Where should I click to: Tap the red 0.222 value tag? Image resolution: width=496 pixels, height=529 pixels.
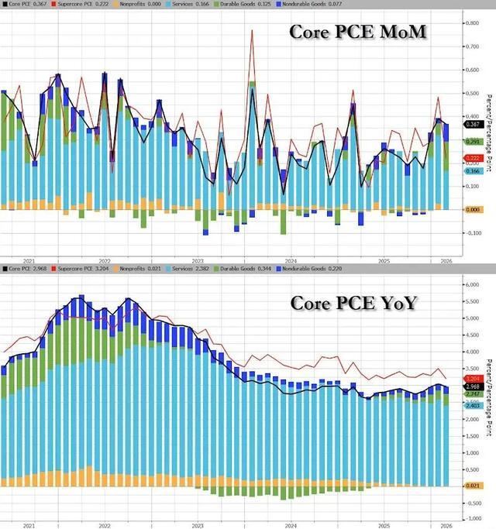pyautogui.click(x=473, y=158)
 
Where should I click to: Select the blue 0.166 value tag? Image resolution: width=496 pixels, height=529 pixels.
pyautogui.click(x=473, y=171)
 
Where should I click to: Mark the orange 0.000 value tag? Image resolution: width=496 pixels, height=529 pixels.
pyautogui.click(x=473, y=209)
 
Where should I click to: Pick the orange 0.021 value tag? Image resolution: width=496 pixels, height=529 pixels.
pyautogui.click(x=473, y=485)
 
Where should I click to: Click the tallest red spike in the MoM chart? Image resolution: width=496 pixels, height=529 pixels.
pyautogui.click(x=253, y=31)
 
